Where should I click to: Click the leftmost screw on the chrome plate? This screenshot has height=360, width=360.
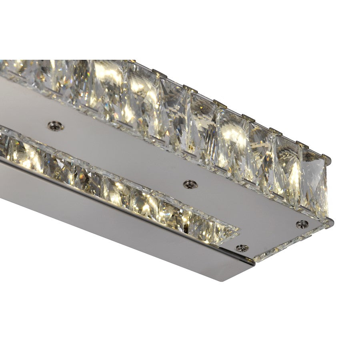[55, 126]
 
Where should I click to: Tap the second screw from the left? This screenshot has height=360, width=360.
[190, 184]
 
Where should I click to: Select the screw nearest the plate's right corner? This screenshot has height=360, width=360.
[302, 224]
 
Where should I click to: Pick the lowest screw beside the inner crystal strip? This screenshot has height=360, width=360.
[242, 248]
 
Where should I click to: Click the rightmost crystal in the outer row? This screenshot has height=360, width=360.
[314, 182]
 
